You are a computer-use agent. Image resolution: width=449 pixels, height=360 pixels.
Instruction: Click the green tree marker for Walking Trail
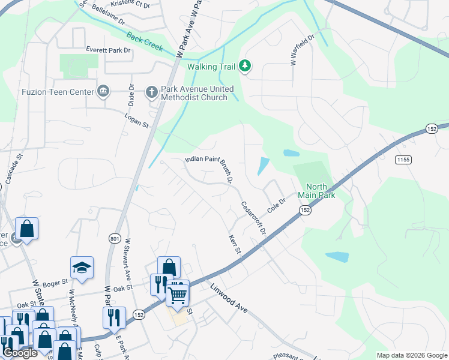[244, 66]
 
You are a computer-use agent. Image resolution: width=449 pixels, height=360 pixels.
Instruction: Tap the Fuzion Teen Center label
[58, 92]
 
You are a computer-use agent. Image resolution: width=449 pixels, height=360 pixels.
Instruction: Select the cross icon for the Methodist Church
[152, 92]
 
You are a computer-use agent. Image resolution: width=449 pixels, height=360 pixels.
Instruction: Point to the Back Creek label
[144, 41]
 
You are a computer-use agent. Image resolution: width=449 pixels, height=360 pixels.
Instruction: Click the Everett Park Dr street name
[108, 50]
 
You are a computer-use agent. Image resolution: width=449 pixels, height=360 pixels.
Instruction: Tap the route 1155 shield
[403, 159]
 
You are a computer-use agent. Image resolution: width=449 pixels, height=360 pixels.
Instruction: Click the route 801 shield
[115, 239]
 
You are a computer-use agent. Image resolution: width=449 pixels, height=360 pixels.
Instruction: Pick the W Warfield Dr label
[303, 50]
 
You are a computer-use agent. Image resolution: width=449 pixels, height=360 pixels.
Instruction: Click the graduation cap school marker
[82, 268]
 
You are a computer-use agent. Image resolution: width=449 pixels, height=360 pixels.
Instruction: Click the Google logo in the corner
[20, 353]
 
